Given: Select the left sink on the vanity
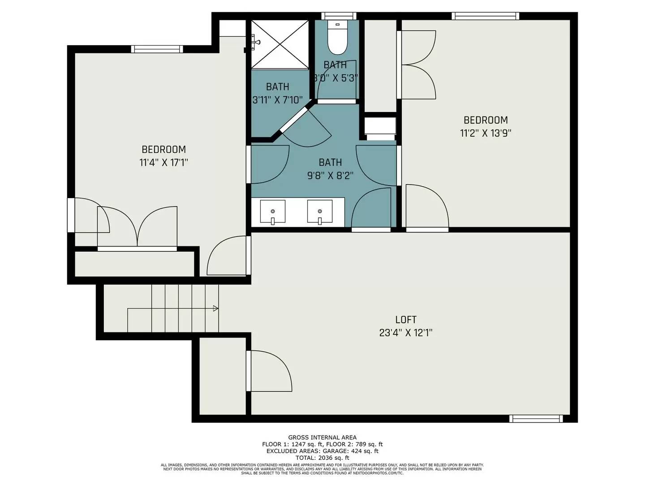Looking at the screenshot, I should tap(272, 212).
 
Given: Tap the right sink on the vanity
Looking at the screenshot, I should tap(319, 212).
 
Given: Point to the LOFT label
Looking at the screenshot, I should tap(406, 320).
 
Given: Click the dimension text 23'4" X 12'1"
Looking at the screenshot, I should tap(406, 333).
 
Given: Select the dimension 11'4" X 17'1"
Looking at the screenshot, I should tap(163, 162).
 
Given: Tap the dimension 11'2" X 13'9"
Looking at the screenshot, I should tap(486, 133).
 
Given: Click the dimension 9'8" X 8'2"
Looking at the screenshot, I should tap(330, 175).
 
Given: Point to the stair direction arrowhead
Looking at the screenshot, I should tap(215, 308).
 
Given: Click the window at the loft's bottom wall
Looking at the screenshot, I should tap(536, 419).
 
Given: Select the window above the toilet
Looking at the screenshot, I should tap(339, 16).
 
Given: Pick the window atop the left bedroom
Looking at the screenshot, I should tap(157, 49).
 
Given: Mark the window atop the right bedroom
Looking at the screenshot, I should tap(485, 16).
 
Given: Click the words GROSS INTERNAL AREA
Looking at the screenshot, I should tap(322, 437).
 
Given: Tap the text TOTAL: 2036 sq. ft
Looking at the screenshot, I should tap(322, 458).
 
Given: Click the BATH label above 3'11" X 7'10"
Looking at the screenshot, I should tap(277, 86).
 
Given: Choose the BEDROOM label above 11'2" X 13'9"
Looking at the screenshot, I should tap(486, 120).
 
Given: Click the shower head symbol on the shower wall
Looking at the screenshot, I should tap(256, 42).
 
